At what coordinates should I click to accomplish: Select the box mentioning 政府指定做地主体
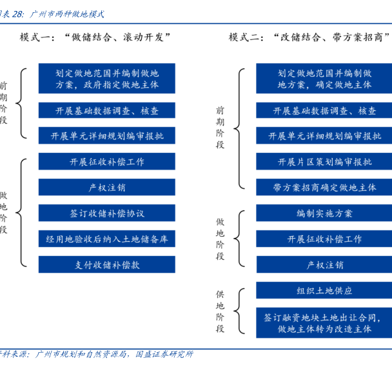[107, 78]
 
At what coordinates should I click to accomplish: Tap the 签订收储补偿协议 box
[107, 213]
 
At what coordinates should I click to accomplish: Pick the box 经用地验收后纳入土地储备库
[107, 239]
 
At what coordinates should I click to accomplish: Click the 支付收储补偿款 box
[107, 264]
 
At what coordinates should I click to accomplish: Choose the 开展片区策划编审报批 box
[324, 161]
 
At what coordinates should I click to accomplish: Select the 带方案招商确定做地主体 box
[324, 187]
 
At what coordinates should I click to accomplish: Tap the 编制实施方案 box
[324, 213]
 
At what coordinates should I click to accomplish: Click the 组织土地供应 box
[324, 291]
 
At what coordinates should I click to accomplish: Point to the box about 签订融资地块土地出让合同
[324, 322]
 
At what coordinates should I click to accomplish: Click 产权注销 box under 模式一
[107, 188]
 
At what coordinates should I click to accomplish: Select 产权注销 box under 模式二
[324, 264]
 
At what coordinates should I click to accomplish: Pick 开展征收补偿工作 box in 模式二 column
[324, 239]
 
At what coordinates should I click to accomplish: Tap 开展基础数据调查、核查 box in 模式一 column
[107, 110]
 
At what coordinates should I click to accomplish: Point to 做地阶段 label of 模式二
[220, 239]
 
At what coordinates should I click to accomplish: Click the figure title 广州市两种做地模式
[67, 12]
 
